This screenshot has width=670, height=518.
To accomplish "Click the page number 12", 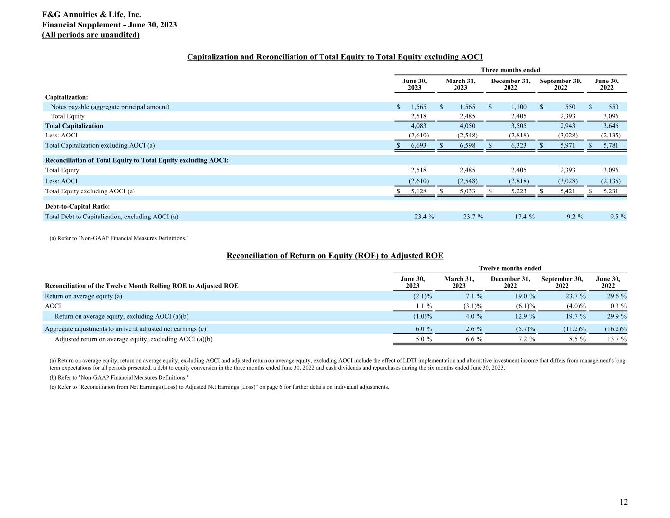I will point(623,502).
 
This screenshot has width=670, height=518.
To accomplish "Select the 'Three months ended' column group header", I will point(510,70).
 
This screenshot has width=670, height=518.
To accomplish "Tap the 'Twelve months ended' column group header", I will point(510,268).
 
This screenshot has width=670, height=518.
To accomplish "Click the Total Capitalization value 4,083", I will point(418,126).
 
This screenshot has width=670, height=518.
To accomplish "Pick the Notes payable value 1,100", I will point(518,107).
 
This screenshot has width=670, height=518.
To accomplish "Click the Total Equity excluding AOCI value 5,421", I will point(567,191).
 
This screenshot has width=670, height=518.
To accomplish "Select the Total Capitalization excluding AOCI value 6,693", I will point(418,145).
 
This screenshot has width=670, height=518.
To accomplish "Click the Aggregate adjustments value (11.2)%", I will point(569,329).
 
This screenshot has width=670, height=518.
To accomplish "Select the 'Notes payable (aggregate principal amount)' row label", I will point(110,107).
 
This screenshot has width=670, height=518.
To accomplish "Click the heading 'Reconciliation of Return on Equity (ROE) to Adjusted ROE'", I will point(335,256).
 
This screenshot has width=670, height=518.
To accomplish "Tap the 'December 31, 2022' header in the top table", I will point(510,84).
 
